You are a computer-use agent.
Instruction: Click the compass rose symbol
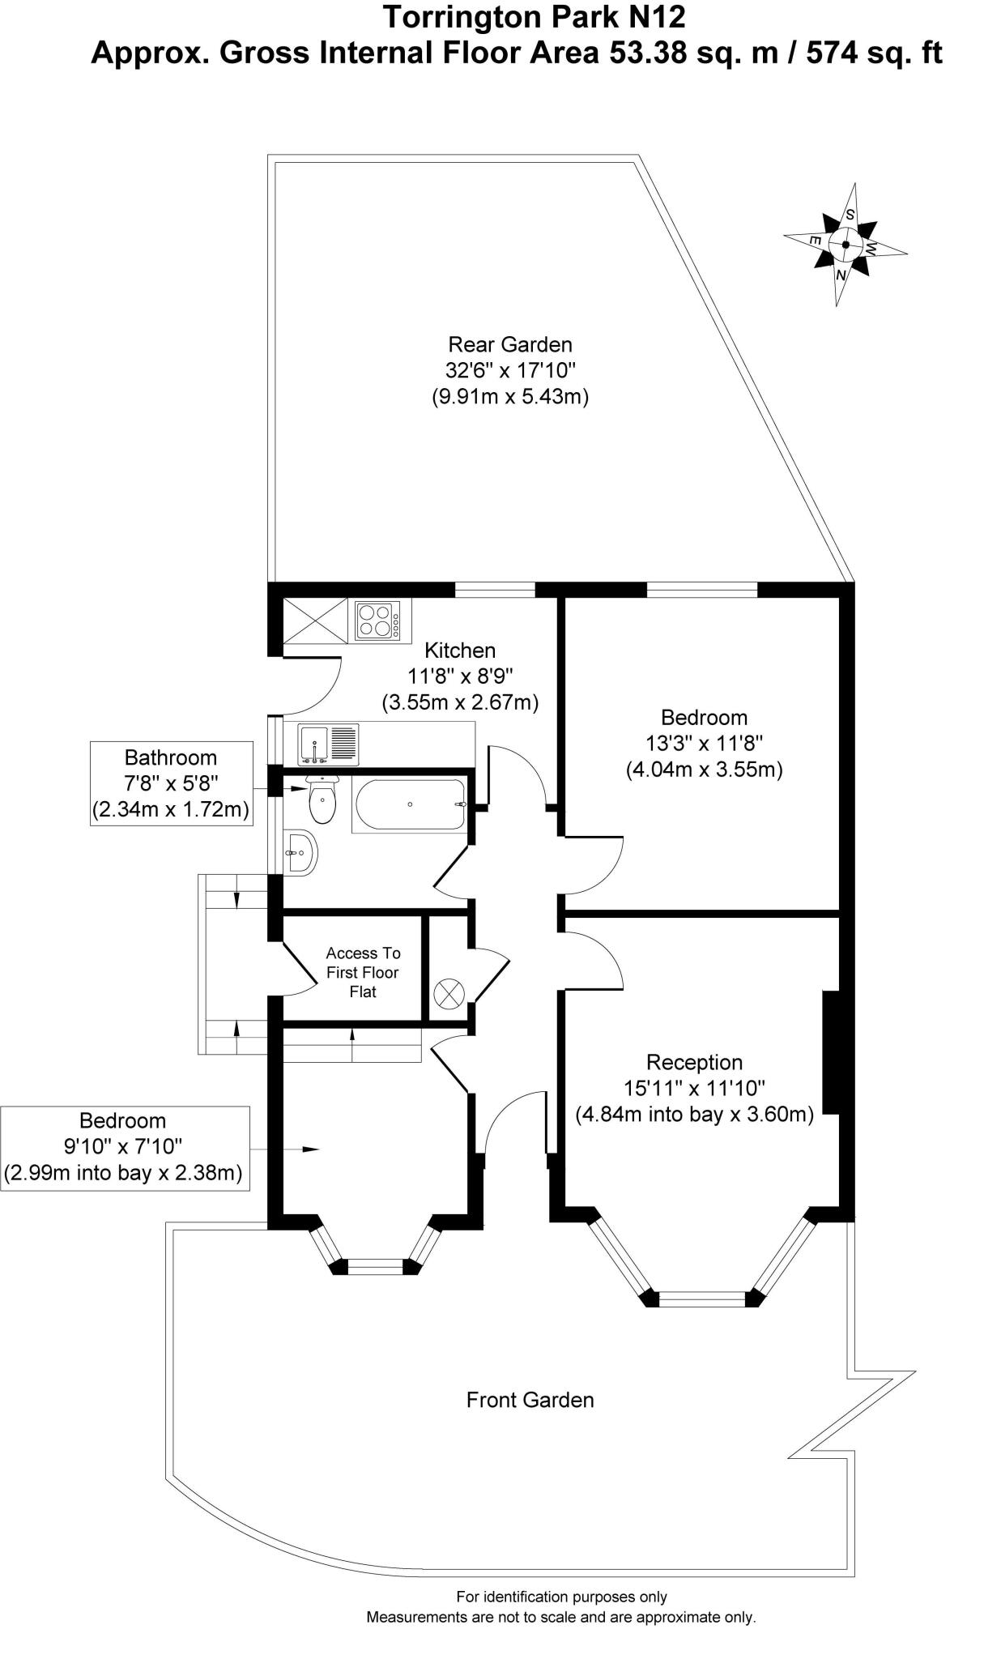click(845, 244)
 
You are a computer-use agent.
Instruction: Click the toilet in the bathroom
click(322, 800)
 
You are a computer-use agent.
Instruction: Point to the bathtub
click(410, 804)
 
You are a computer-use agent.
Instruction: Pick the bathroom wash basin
click(300, 852)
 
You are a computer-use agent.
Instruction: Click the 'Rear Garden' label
click(509, 344)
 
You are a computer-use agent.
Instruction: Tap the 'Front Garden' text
click(530, 1400)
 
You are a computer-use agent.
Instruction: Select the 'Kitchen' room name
click(460, 650)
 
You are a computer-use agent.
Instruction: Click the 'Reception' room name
click(694, 1062)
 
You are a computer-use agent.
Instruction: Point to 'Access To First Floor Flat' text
click(363, 972)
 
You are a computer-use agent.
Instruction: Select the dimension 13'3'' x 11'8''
click(703, 743)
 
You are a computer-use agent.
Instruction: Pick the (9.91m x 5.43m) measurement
click(509, 397)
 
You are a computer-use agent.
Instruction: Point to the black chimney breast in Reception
click(831, 1051)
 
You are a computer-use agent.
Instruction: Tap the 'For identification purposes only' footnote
click(561, 1597)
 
